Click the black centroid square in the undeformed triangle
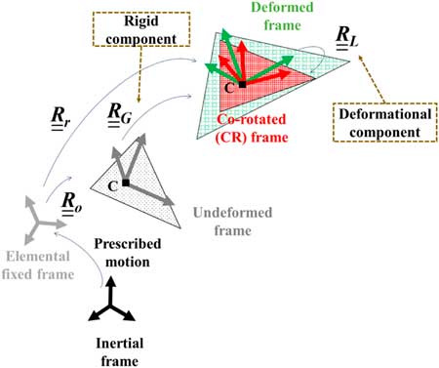[125, 183]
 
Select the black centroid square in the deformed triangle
[242, 85]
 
